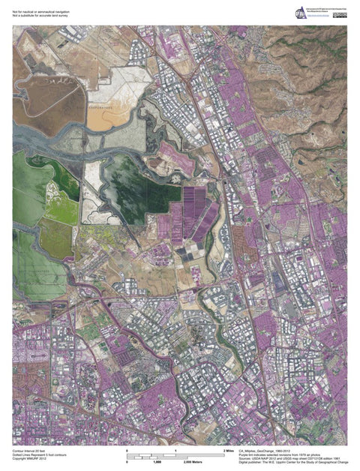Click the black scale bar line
pyautogui.click(x=176, y=455)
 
